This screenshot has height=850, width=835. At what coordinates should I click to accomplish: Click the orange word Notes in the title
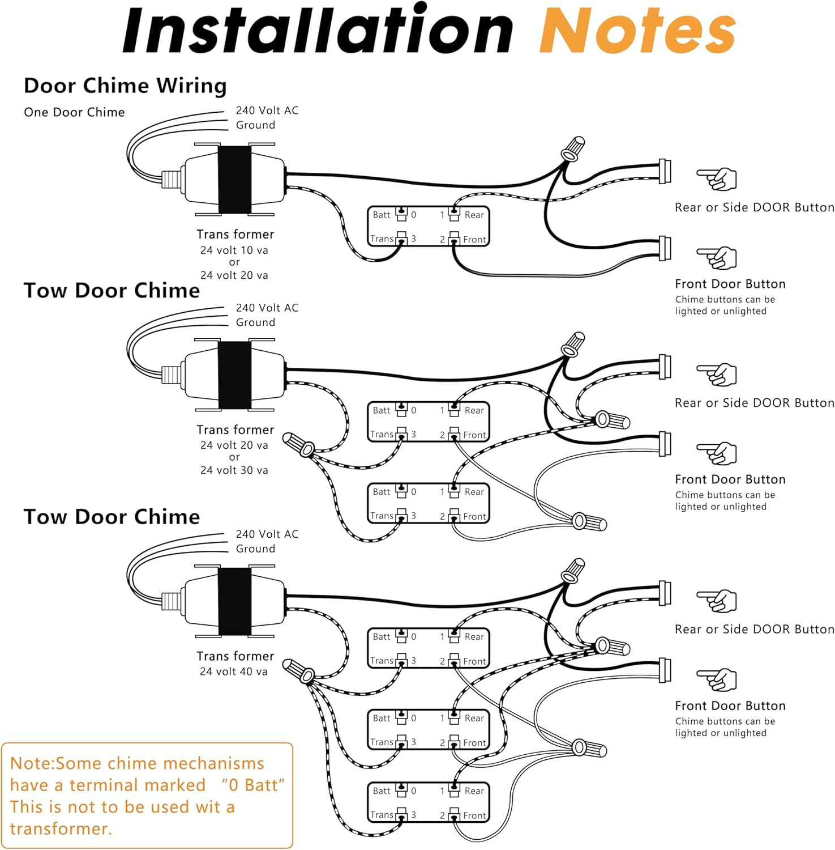[x=637, y=31]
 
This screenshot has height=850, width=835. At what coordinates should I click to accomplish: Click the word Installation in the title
[x=317, y=31]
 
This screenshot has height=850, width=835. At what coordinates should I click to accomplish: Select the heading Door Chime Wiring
[x=125, y=86]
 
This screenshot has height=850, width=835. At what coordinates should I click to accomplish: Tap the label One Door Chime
[x=74, y=112]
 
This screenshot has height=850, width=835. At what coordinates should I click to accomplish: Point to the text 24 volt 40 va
[x=234, y=671]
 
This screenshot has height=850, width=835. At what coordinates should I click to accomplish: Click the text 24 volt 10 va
[x=234, y=250]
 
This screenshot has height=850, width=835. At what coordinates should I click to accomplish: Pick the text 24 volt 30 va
[x=234, y=470]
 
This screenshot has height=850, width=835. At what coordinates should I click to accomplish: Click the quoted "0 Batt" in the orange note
[x=252, y=785]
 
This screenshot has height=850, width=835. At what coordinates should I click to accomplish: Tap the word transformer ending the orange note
[x=61, y=828]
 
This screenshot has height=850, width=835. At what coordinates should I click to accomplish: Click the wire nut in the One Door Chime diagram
[x=572, y=148]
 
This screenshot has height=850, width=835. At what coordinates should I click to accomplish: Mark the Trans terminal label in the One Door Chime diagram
[x=382, y=239]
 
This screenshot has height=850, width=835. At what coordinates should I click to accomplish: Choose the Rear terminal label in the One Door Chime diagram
[x=474, y=215]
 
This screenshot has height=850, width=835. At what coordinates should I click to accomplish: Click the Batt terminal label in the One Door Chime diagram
[x=382, y=215]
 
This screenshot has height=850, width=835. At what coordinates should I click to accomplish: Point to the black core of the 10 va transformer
[x=235, y=180]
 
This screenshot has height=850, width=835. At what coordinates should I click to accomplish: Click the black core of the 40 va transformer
[x=235, y=601]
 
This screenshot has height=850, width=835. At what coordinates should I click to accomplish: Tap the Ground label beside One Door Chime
[x=255, y=125]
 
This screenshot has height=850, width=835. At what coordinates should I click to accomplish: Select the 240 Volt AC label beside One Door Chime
[x=267, y=110]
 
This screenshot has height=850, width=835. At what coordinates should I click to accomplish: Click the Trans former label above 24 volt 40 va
[x=235, y=656]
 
